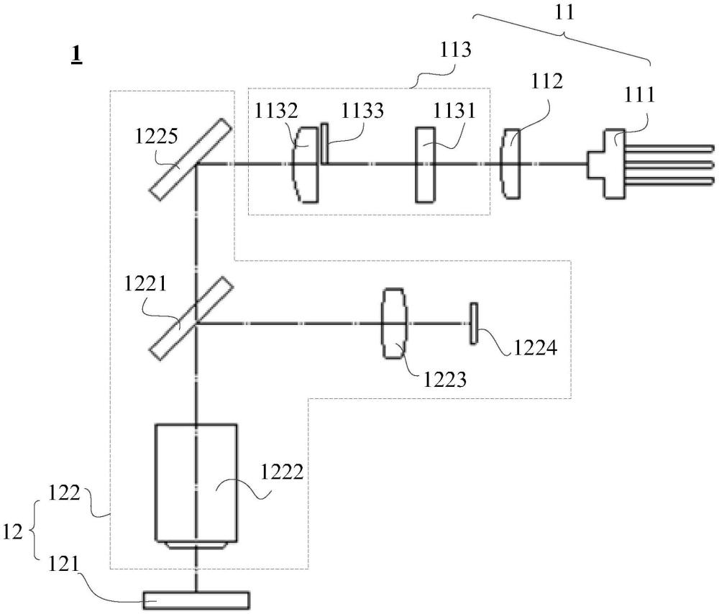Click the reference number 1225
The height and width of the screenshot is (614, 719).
(156, 136)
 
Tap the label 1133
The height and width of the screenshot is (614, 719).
(362, 111)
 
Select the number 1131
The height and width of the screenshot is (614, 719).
(455, 111)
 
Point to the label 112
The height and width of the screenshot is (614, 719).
(546, 82)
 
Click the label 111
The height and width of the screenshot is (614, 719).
(640, 95)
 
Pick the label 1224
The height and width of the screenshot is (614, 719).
(535, 348)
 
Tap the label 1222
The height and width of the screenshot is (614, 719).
(282, 472)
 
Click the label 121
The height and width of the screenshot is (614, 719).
(64, 564)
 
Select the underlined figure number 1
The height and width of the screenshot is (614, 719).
(76, 55)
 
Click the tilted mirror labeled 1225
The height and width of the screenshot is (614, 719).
(191, 159)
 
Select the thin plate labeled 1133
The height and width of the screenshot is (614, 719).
(325, 144)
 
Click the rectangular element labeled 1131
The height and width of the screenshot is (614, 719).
(425, 165)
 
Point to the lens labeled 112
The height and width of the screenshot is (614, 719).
(510, 164)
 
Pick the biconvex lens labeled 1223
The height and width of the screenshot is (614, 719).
(394, 324)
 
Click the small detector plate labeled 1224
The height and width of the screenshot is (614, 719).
(474, 324)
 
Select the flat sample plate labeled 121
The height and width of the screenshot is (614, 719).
(196, 601)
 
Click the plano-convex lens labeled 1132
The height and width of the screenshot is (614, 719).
(305, 164)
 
